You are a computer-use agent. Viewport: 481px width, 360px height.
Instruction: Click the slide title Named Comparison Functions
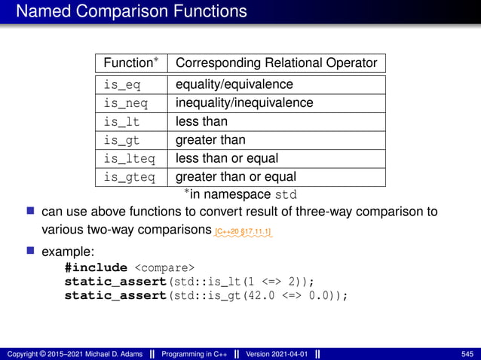[131, 11]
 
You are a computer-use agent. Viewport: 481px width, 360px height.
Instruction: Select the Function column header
[130, 63]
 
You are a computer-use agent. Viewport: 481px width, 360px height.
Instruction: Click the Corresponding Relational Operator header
[276, 63]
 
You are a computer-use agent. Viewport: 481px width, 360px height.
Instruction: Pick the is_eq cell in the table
[121, 84]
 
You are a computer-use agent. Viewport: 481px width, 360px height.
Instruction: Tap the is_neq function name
[125, 103]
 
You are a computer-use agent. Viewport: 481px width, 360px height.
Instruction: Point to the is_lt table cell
[121, 121]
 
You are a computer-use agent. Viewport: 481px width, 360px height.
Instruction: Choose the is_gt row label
[121, 140]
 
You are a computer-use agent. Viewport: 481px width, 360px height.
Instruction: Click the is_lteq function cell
[129, 159]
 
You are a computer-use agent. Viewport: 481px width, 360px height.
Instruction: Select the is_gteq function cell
[129, 178]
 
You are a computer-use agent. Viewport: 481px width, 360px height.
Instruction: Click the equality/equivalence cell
[234, 84]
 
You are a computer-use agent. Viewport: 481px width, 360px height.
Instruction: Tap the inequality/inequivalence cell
[244, 103]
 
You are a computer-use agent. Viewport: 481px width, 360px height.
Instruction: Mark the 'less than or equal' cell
[227, 159]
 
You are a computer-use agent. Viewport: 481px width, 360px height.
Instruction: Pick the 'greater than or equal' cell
[236, 178]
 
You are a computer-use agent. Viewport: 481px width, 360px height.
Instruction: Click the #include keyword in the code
[96, 267]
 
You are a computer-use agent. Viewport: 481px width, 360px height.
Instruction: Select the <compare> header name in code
[164, 267]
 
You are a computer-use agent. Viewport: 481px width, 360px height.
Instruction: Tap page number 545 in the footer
[467, 354]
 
